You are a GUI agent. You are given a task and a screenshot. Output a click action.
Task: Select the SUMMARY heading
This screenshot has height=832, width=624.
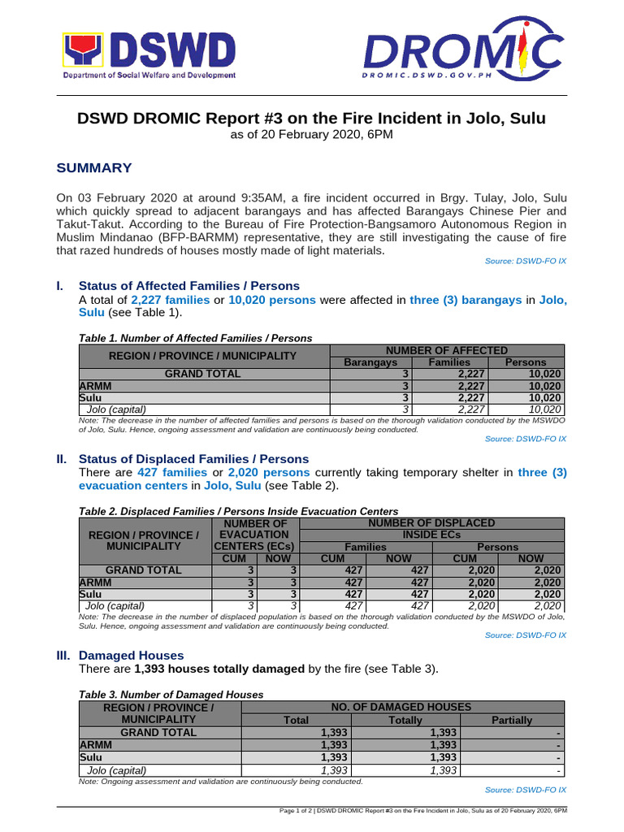coord(93,168)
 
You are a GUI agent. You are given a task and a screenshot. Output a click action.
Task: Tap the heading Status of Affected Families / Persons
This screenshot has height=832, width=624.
coord(188,286)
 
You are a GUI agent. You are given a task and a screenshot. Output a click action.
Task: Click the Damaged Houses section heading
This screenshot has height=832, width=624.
coord(131,655)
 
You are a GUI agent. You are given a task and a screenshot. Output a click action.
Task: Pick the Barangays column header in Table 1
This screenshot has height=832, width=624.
coord(370,362)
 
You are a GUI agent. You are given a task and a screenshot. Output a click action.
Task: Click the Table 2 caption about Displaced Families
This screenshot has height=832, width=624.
coord(238,511)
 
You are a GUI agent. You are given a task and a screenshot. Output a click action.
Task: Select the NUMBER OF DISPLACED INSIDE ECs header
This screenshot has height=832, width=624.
coord(431,529)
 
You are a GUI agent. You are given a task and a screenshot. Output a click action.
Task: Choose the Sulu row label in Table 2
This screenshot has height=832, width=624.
coord(90,594)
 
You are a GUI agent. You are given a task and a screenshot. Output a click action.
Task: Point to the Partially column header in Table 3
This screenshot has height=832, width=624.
coord(512,720)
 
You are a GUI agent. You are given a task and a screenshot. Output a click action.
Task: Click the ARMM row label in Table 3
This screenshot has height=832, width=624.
coord(93,745)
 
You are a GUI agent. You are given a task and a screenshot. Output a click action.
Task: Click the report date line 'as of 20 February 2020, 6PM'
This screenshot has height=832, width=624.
coord(312,135)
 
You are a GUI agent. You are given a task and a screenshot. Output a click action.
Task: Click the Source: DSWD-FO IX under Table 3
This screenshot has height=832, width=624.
coord(525,790)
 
